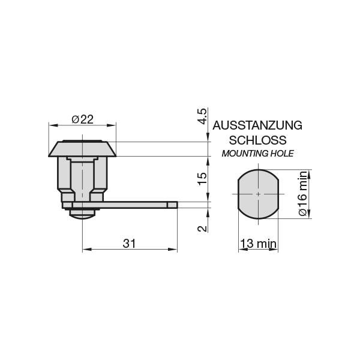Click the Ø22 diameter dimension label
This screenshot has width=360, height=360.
pyautogui.click(x=82, y=119)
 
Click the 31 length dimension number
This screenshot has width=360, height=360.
pyautogui.click(x=130, y=243)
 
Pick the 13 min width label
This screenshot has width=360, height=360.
pyautogui.click(x=258, y=244)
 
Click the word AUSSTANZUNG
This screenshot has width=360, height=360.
pyautogui.click(x=257, y=125)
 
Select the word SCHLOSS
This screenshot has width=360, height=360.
pyautogui.click(x=257, y=140)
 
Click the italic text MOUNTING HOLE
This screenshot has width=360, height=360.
pyautogui.click(x=257, y=154)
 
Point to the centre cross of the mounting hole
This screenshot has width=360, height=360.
pyautogui.click(x=258, y=194)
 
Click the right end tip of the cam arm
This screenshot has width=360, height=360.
pyautogui.click(x=176, y=205)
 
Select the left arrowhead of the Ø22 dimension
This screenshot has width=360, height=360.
pyautogui.click(x=50, y=126)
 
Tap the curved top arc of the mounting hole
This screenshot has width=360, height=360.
pyautogui.click(x=258, y=170)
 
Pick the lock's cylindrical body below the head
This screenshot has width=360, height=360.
pyautogui.click(x=82, y=177)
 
